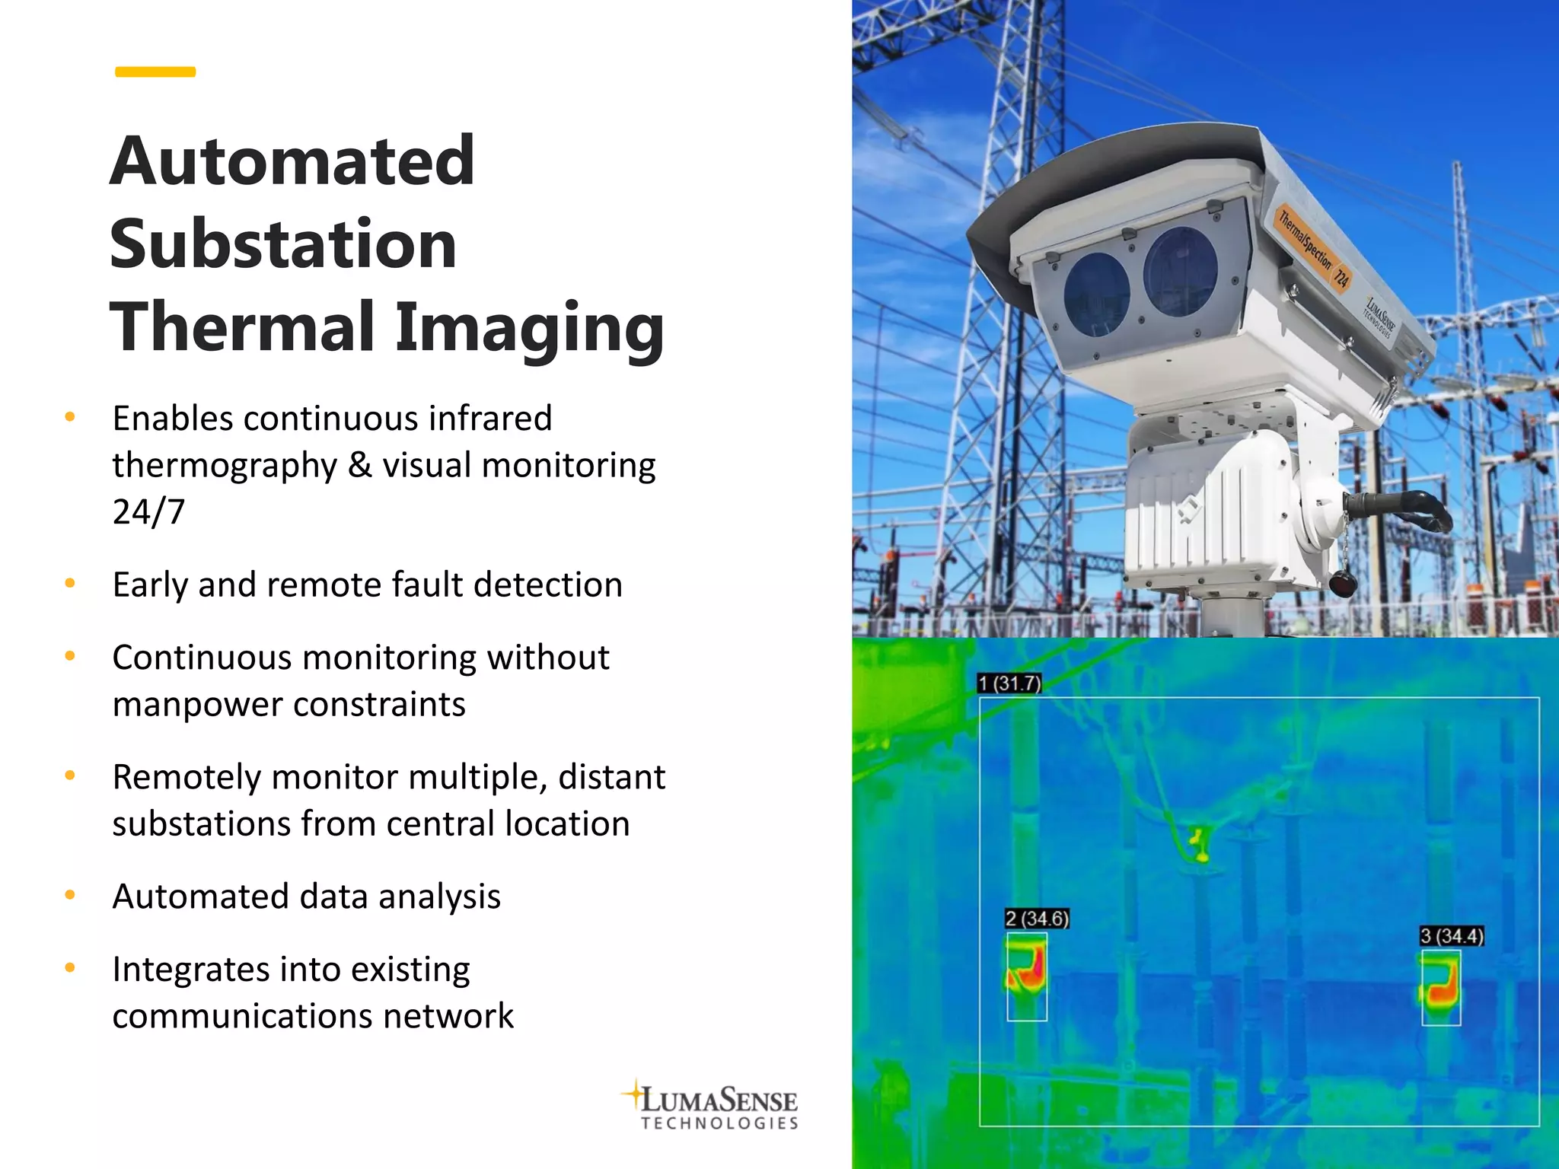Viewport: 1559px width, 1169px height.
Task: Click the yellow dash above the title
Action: click(155, 72)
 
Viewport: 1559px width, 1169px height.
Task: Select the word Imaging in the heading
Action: click(529, 327)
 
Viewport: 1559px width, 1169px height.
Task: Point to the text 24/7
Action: click(148, 511)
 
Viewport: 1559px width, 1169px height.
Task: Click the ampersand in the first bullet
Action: click(359, 465)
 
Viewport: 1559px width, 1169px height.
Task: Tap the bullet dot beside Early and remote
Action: click(70, 584)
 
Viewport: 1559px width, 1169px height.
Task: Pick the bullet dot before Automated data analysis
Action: click(70, 896)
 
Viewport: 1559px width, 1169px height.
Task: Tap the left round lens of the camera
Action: click(1096, 293)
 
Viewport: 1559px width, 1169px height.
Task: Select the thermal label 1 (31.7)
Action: click(1009, 683)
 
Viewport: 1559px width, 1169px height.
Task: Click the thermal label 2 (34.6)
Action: click(1037, 919)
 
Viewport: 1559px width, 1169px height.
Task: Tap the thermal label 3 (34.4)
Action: click(1452, 936)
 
